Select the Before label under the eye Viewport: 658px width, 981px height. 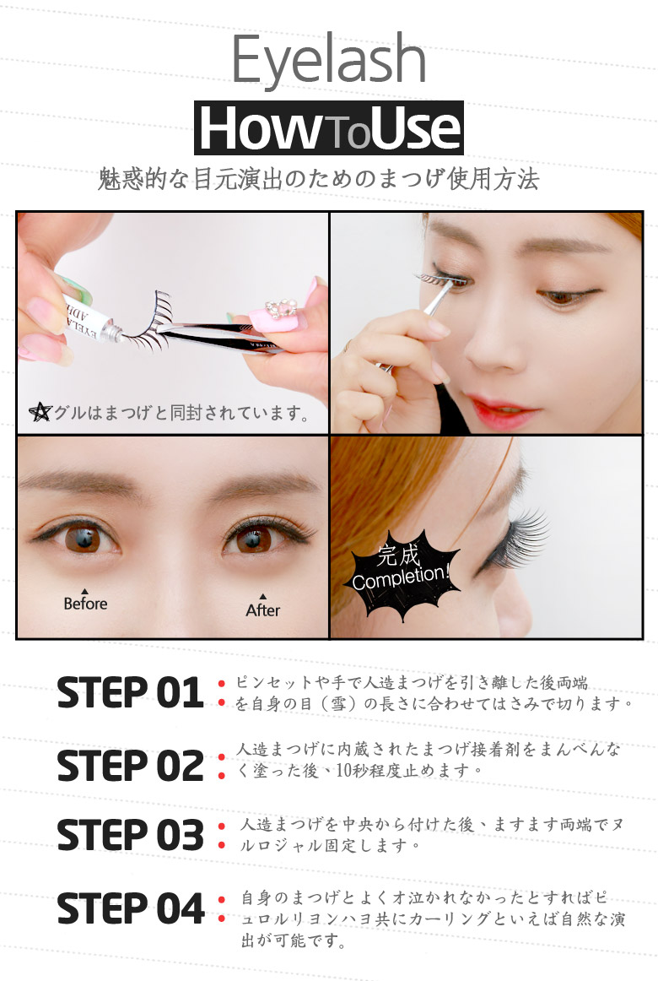[x=85, y=604]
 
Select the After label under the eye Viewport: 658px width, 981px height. [x=262, y=610]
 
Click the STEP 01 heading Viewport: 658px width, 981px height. [x=130, y=692]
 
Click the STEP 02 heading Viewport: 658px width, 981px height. [x=130, y=766]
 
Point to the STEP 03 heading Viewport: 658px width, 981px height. [x=130, y=835]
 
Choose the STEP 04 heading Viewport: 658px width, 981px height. [x=130, y=908]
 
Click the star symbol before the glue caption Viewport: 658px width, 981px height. [x=40, y=412]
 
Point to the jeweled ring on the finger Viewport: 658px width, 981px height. [x=280, y=311]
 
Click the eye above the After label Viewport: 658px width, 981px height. [x=257, y=538]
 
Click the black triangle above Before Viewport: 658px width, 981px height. [x=85, y=591]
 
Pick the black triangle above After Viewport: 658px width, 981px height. [x=263, y=597]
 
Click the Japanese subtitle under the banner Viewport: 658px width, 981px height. [x=319, y=180]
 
